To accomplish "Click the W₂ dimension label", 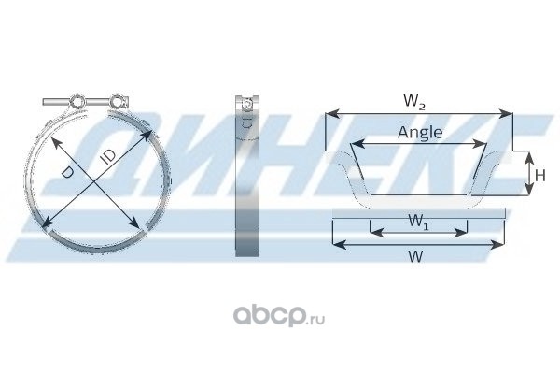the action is click(414, 101).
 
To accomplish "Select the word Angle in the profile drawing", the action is click(420, 133).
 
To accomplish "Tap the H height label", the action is click(540, 176).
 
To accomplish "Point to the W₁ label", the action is click(418, 222).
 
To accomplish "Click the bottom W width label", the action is click(415, 256).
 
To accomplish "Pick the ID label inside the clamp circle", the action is click(108, 157).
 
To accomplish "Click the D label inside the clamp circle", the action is click(67, 172).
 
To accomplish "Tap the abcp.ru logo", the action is click(279, 316).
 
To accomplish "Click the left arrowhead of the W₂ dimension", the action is click(331, 114).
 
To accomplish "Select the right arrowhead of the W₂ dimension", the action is click(506, 114).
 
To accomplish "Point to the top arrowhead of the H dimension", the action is click(529, 157).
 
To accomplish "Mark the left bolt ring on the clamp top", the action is click(77, 102).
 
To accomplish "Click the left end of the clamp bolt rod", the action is click(44, 102).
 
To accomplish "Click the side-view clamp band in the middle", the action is click(246, 176).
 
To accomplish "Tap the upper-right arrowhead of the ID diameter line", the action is click(147, 136).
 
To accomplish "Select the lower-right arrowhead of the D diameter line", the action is click(134, 223).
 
